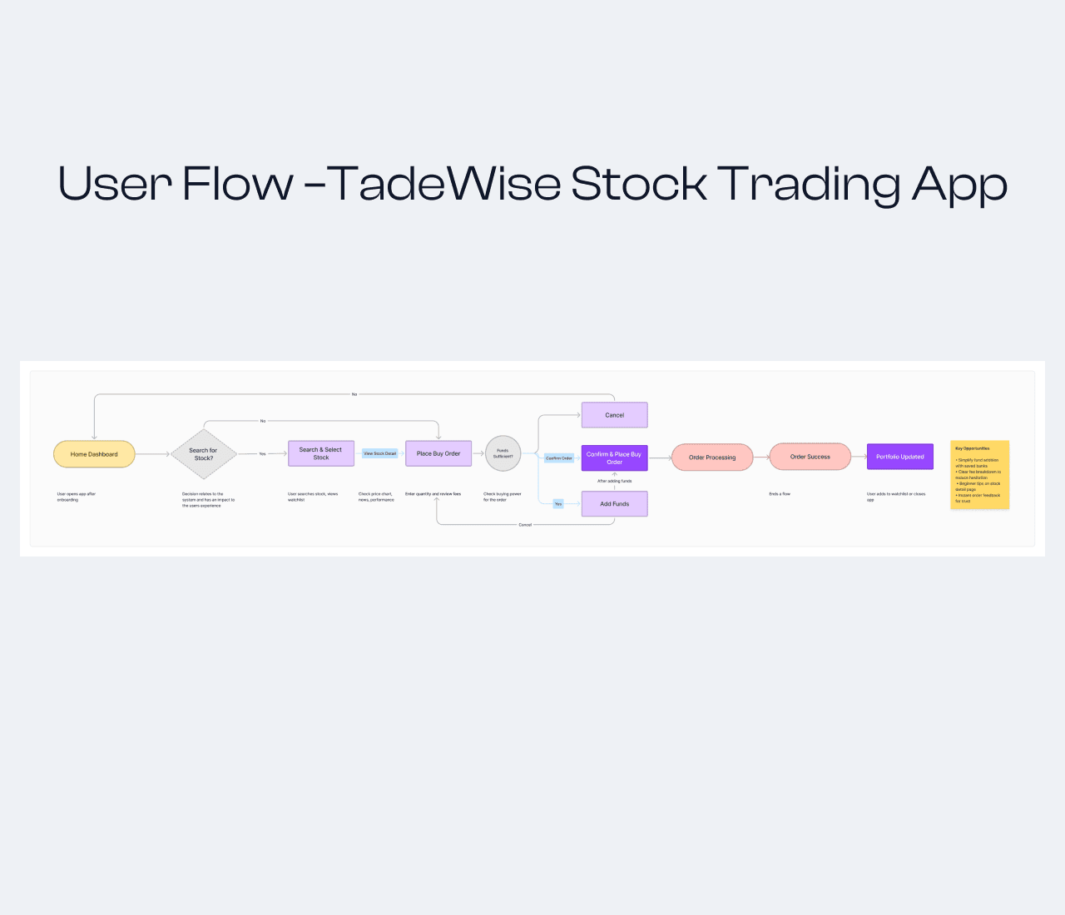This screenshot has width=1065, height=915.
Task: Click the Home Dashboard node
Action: tap(94, 454)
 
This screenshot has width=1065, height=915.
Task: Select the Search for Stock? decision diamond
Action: tap(204, 454)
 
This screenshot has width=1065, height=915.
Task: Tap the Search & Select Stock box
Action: tap(321, 453)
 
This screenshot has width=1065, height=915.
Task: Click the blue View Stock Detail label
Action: tap(380, 453)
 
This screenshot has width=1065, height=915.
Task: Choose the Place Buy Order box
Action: tap(438, 453)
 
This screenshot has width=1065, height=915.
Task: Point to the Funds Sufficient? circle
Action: tap(503, 453)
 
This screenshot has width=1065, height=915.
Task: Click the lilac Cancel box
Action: tap(614, 415)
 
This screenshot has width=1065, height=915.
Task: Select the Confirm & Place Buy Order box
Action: tap(614, 458)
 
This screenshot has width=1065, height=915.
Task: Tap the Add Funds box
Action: tap(614, 504)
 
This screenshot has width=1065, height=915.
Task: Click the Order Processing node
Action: tap(712, 457)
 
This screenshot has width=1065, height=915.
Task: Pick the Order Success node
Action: tap(810, 457)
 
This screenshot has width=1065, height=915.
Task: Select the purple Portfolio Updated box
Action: tap(900, 457)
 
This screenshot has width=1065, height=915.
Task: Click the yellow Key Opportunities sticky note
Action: tap(979, 474)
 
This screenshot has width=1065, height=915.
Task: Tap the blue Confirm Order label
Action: tap(559, 458)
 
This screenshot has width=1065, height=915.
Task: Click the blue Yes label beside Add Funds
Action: tap(558, 504)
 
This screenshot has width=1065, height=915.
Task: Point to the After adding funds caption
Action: tap(614, 481)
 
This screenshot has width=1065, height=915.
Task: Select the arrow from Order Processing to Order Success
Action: tap(761, 457)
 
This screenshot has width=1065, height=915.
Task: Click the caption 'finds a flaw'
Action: tap(780, 494)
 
